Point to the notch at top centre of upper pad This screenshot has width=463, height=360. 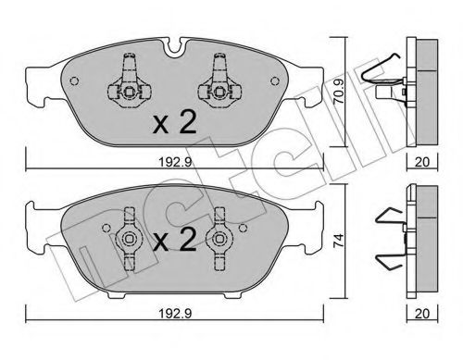tap(171, 45)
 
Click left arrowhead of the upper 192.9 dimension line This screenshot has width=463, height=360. tap(28, 167)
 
